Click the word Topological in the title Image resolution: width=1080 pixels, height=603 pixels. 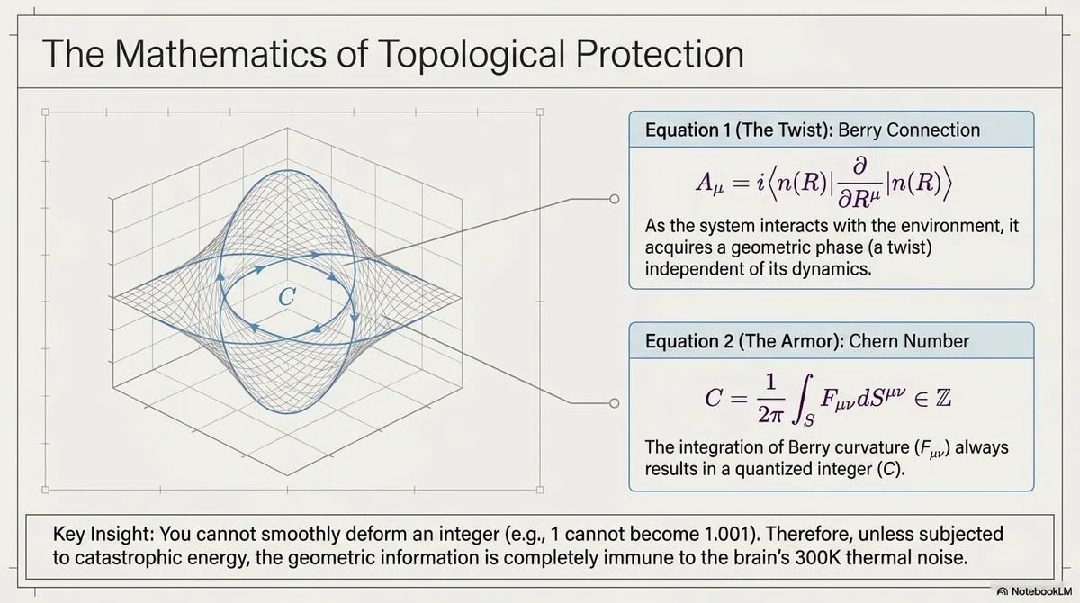pos(471,55)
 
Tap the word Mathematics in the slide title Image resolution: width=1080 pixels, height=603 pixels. pos(220,53)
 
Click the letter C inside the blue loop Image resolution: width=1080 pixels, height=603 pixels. pos(287,296)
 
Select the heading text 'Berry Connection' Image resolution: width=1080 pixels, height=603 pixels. pos(909,130)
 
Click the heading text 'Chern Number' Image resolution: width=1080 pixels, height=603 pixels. pos(909,341)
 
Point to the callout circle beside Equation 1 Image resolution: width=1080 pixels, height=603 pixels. pos(614,199)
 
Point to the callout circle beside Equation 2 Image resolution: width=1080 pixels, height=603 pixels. pos(614,403)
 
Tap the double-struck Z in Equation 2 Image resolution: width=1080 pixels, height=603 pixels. pos(943,398)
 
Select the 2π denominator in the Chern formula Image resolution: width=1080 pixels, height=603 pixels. pos(770,414)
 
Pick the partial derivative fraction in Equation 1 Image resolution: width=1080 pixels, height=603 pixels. pos(859,184)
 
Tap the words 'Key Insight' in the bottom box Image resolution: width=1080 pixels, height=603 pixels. pos(103,535)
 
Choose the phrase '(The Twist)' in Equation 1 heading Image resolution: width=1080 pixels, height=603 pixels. pos(785,130)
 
